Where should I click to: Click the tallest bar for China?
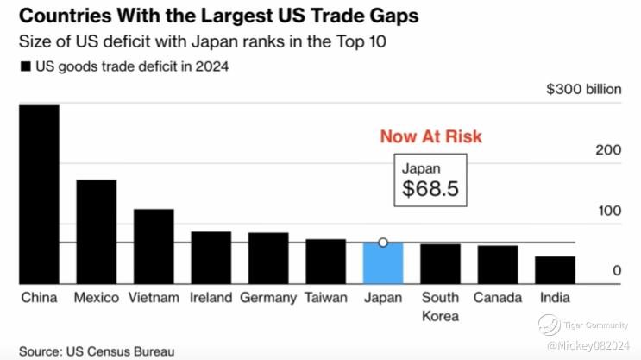click(x=39, y=194)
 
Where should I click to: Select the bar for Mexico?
click(x=96, y=231)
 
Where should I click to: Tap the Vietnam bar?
click(x=154, y=246)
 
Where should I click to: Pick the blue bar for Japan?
click(x=383, y=262)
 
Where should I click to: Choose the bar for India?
click(x=555, y=269)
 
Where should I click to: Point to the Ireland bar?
click(x=211, y=257)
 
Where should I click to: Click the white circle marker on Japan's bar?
click(x=383, y=243)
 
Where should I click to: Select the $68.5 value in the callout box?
click(x=430, y=188)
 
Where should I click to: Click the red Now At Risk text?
click(x=431, y=137)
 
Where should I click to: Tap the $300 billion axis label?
click(x=584, y=90)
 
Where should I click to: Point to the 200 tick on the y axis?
click(x=609, y=150)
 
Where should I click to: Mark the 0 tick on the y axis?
click(x=617, y=271)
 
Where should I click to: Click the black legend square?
click(x=25, y=66)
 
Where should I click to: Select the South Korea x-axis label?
click(x=440, y=306)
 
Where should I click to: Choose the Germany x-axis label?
click(x=267, y=298)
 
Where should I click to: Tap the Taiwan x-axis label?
click(x=324, y=298)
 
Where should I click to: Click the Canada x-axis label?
click(x=498, y=298)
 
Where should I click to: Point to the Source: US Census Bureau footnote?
click(x=97, y=351)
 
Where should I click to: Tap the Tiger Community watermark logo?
click(x=550, y=325)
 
